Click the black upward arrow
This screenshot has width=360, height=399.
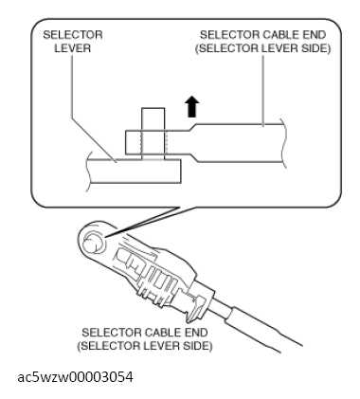(x=191, y=107)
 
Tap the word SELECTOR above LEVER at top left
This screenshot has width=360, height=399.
(x=73, y=35)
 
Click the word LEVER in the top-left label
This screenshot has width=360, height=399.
(x=73, y=48)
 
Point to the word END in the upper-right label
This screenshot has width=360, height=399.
(x=314, y=35)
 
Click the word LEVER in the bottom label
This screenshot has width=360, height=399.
(x=162, y=346)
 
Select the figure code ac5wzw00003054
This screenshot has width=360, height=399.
(x=75, y=377)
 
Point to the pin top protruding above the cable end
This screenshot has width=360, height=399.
(x=153, y=119)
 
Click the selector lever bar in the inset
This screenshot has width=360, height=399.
(x=134, y=171)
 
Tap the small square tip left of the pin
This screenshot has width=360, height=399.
(x=134, y=142)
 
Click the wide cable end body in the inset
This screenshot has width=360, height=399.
(x=239, y=143)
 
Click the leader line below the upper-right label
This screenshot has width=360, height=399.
(x=263, y=91)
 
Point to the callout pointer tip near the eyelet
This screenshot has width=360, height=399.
(x=106, y=236)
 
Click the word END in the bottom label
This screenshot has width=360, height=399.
(x=195, y=333)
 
